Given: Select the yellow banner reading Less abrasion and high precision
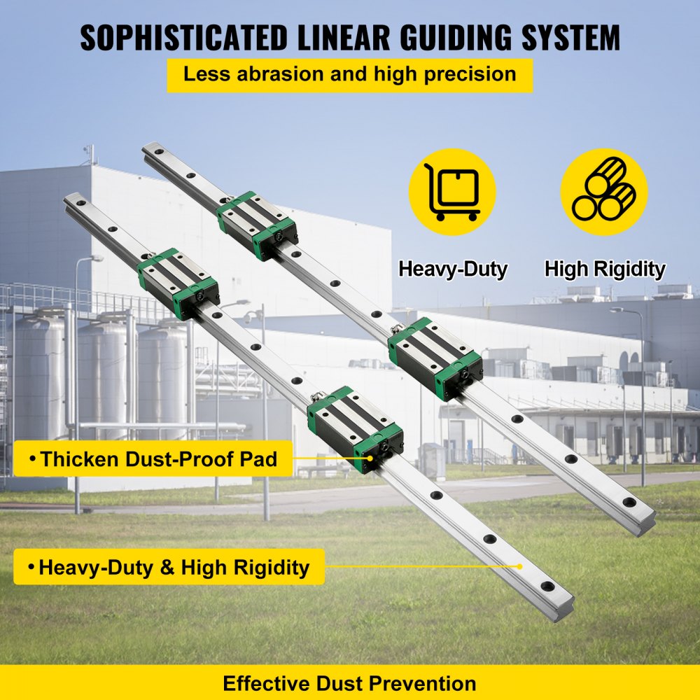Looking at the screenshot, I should [349, 75].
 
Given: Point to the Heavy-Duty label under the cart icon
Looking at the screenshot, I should [452, 269].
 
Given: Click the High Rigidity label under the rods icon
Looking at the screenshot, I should [605, 269].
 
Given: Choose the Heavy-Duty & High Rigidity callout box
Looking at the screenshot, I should [169, 567].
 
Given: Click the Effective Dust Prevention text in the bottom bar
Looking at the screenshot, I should [349, 682].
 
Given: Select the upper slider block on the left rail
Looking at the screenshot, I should [178, 283].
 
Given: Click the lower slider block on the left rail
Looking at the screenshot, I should [356, 428].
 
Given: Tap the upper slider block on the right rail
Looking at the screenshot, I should [257, 225].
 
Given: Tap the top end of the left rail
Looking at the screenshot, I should [73, 202].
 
